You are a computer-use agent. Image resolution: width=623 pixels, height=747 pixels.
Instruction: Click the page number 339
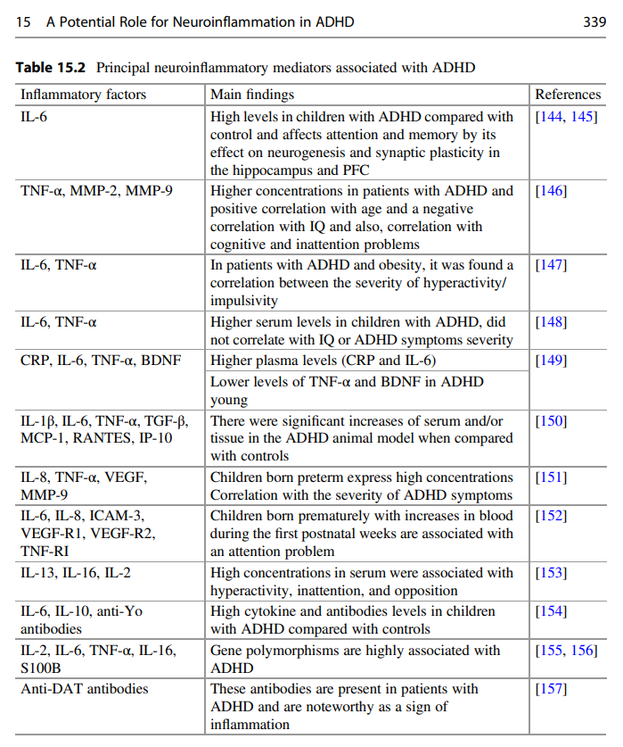[x=594, y=22]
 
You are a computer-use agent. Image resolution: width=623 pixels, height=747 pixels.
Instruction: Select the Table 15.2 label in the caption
[x=53, y=68]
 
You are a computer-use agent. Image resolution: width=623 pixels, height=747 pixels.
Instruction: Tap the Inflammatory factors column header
[x=83, y=95]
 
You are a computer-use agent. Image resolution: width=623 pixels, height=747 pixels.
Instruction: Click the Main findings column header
[x=252, y=95]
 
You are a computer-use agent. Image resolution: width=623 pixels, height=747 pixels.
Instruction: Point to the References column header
[x=568, y=95]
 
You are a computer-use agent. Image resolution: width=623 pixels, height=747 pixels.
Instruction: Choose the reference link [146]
[x=551, y=190]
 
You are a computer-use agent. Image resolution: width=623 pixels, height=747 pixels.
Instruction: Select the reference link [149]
[x=551, y=361]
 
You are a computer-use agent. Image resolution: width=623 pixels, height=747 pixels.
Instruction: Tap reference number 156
[x=584, y=651]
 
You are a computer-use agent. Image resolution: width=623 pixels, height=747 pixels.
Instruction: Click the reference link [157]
[x=551, y=689]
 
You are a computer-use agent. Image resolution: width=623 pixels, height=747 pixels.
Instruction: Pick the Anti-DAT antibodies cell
[x=85, y=689]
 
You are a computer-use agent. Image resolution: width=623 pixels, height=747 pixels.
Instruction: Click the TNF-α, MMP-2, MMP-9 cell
[x=96, y=190]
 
